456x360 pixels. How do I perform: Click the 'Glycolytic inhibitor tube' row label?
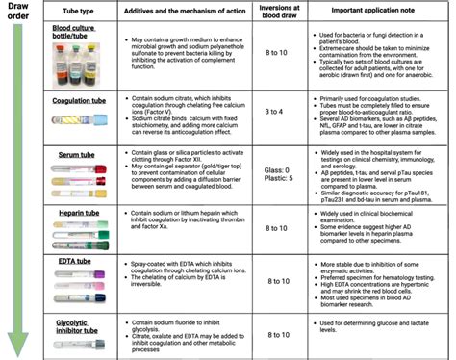point(72,330)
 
